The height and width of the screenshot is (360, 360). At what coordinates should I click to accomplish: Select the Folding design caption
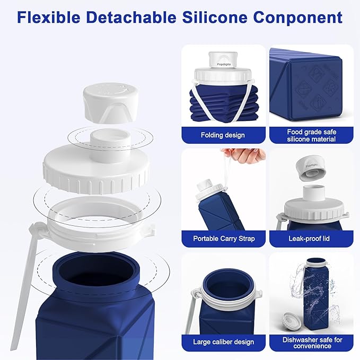[223, 135]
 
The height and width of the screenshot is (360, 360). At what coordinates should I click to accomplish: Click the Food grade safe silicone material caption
[311, 135]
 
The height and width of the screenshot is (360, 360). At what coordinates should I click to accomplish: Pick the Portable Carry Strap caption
[224, 239]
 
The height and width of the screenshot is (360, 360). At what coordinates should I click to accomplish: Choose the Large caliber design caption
[223, 341]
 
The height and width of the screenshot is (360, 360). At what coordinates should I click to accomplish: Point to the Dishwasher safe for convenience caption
[311, 341]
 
